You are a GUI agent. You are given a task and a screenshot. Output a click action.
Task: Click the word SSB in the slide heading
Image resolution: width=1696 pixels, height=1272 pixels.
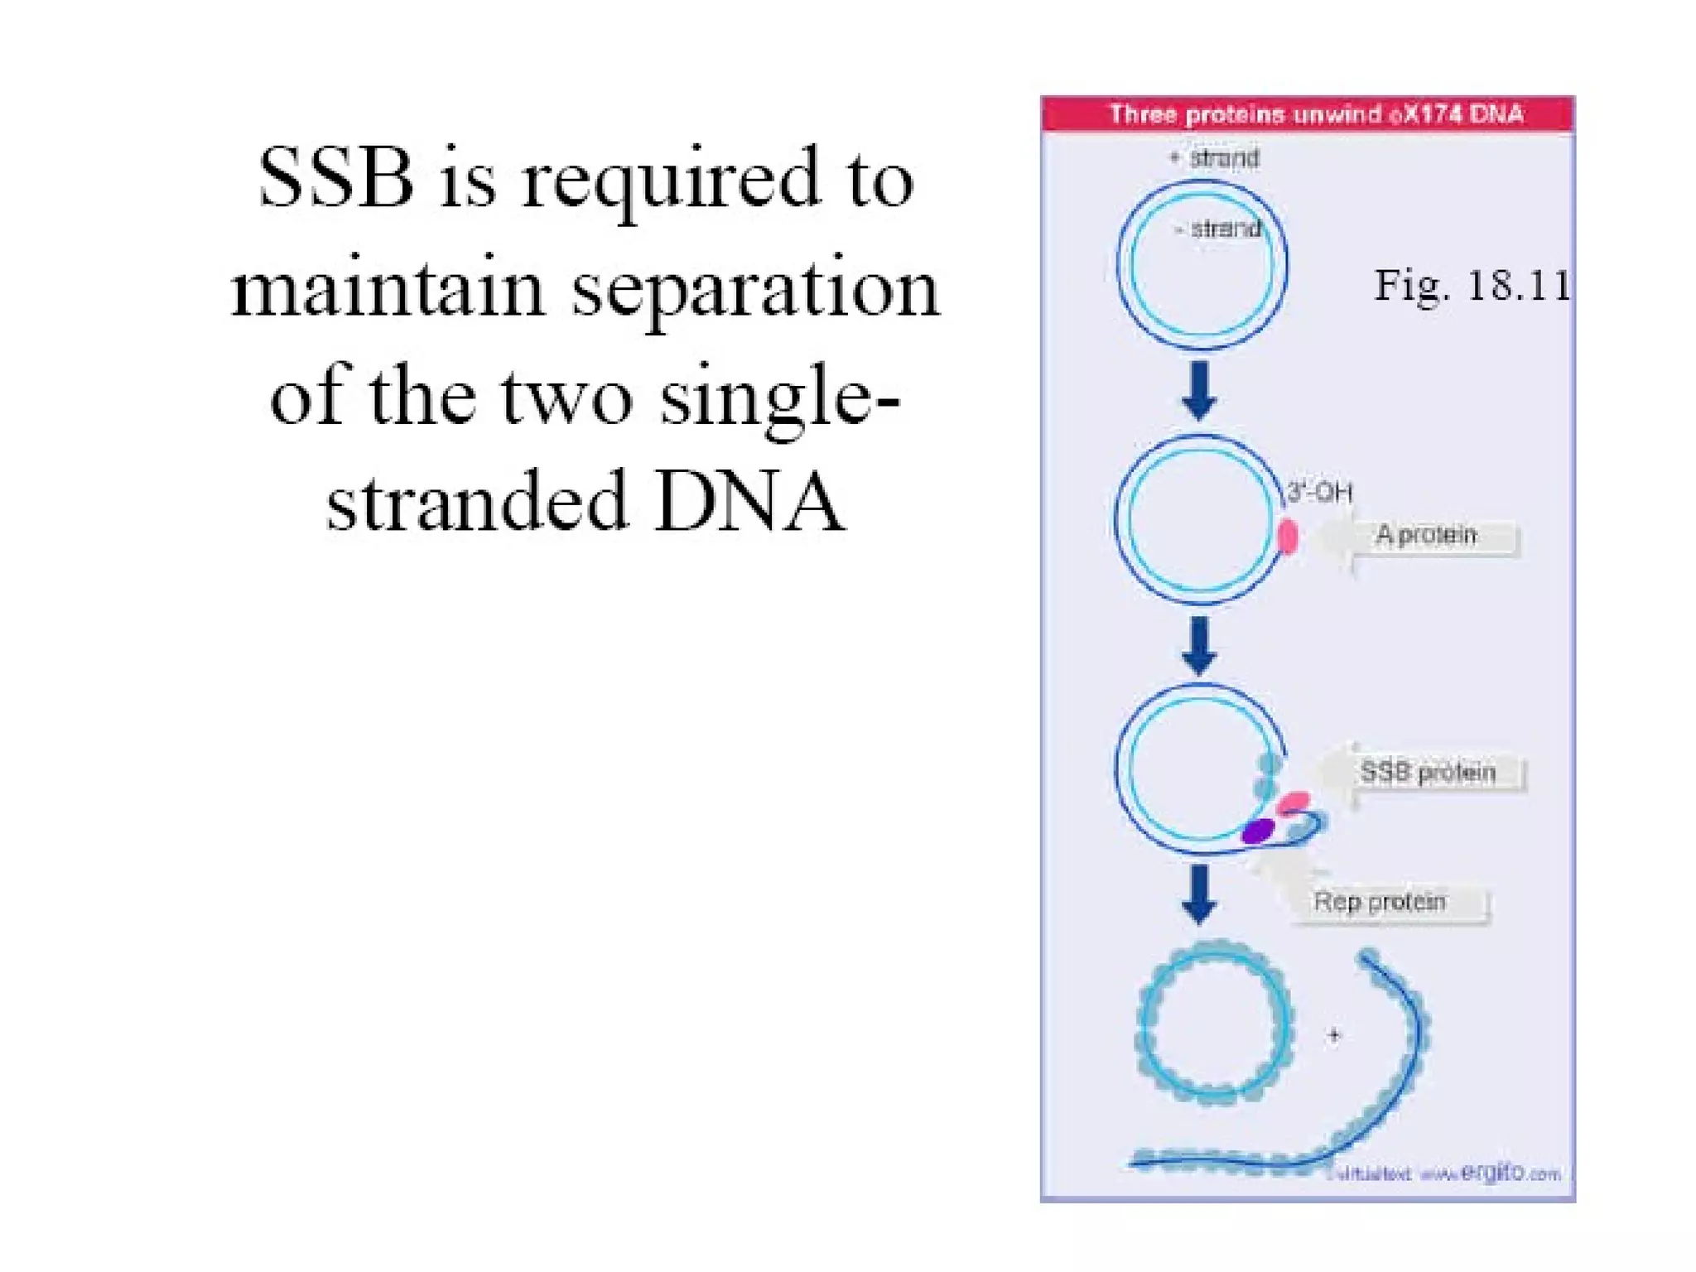(335, 178)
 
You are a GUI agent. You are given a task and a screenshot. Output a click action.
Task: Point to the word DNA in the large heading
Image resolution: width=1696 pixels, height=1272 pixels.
(749, 501)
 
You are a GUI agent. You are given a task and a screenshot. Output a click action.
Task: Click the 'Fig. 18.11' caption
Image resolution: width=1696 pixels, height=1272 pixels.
(1472, 286)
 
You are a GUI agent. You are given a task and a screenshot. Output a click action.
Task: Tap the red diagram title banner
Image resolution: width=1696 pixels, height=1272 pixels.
(1307, 114)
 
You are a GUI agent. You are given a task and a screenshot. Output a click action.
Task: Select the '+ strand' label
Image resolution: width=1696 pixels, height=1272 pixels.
(1215, 157)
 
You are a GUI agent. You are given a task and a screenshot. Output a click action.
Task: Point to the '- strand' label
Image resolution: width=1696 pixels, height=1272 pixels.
(1218, 229)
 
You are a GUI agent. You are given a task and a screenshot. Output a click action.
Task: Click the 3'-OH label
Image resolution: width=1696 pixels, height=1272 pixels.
(1319, 493)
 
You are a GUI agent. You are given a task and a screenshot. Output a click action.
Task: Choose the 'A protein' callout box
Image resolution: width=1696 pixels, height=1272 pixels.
(1427, 535)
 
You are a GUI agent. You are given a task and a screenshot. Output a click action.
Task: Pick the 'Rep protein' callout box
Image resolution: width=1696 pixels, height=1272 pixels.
(1380, 902)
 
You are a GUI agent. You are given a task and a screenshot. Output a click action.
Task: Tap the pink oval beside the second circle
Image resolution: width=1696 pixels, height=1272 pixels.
(1288, 537)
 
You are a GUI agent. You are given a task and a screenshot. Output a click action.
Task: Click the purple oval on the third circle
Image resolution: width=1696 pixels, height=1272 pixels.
(1257, 831)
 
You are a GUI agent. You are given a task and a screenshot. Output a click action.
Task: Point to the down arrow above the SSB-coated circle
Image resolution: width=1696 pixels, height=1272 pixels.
(1199, 894)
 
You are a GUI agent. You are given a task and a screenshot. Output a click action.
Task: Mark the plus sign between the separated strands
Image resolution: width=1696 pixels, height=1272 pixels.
(1333, 1035)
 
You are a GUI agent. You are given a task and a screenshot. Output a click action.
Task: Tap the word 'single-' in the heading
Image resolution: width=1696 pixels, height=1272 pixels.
(778, 396)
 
